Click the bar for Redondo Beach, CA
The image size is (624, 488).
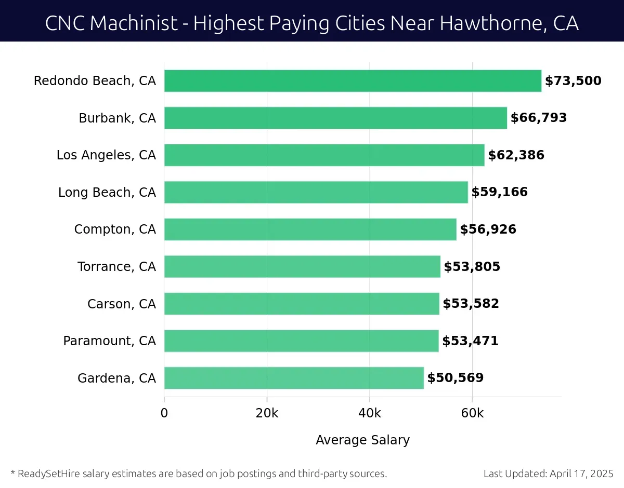tap(353, 81)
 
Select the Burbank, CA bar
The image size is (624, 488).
tap(335, 118)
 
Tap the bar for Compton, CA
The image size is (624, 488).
tap(310, 229)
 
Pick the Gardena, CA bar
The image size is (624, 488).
tap(294, 378)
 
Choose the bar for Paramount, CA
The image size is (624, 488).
tap(301, 341)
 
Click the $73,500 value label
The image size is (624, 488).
tap(573, 81)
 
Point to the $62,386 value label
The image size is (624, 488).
tap(516, 155)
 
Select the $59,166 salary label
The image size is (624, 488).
tap(499, 192)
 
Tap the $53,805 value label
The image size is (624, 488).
tap(472, 267)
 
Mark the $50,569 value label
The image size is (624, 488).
tap(455, 378)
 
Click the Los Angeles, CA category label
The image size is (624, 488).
tap(106, 155)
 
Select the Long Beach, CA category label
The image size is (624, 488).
tap(107, 193)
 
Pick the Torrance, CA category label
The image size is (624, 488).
tap(116, 267)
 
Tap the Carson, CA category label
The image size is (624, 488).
tap(121, 304)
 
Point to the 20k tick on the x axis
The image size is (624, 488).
tap(267, 414)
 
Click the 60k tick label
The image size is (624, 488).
tap(472, 414)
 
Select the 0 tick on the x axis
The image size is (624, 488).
tap(164, 414)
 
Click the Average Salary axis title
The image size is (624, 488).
tap(362, 440)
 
